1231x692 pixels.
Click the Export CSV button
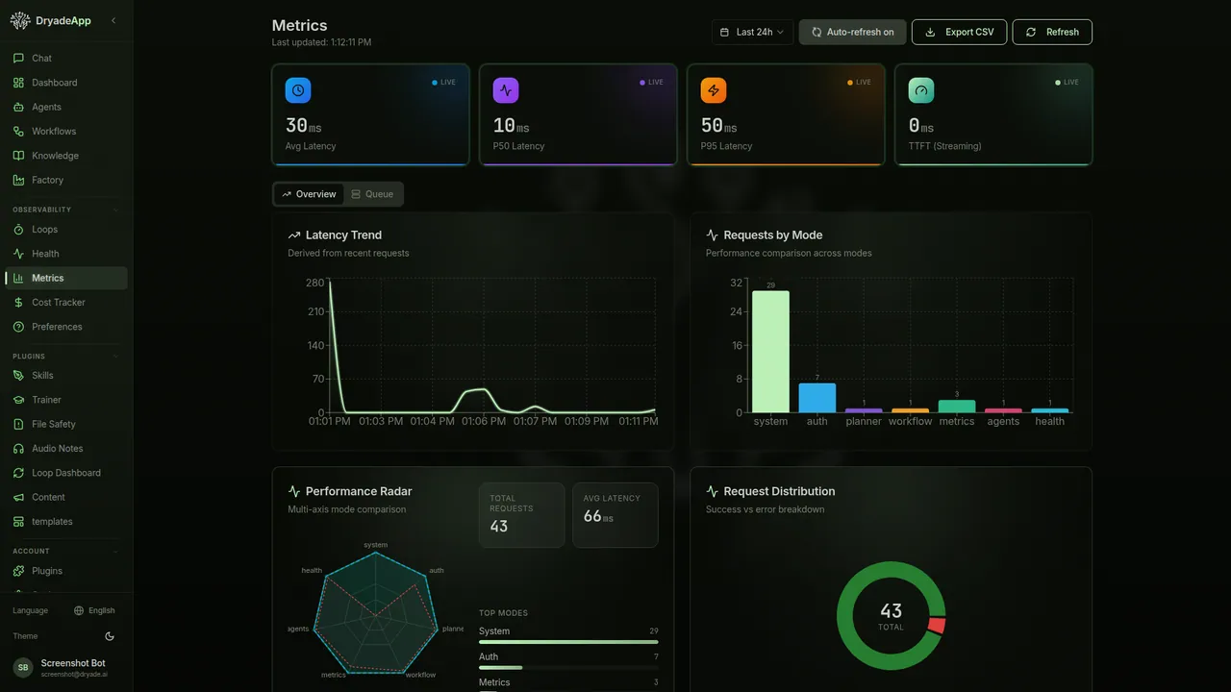959,32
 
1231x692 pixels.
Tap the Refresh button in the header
1052,32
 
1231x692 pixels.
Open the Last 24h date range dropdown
752,32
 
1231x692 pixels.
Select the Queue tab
372,194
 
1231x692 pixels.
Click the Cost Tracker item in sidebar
59,303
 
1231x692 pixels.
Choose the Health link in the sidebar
45,254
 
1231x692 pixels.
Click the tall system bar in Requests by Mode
770,352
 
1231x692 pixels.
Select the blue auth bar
816,398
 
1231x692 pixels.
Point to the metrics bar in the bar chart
956,407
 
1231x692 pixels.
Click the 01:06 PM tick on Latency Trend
484,421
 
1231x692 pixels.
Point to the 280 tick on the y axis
315,283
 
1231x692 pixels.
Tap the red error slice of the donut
937,626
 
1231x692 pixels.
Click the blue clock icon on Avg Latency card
298,90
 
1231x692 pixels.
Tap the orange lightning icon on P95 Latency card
714,90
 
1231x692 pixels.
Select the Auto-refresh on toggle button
852,32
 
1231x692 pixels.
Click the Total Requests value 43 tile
521,515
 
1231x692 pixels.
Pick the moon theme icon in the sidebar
110,636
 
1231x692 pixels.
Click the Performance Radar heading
358,491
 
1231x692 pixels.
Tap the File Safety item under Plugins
53,424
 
